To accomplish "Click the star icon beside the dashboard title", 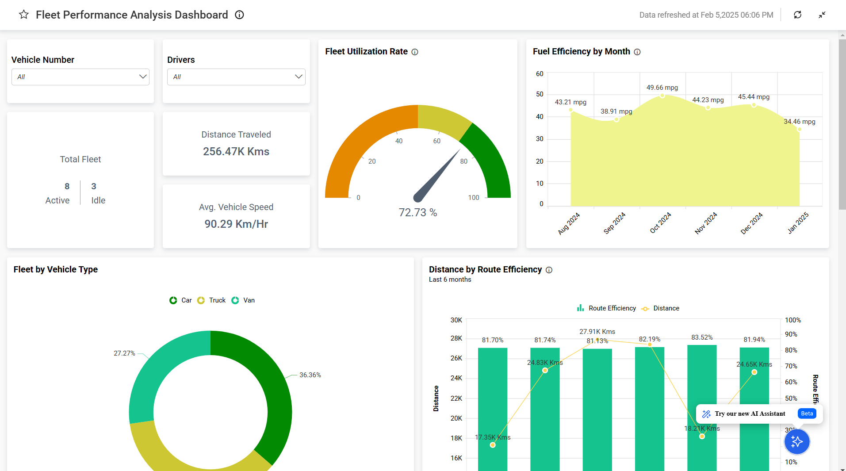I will (24, 15).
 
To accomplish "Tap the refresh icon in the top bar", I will (797, 15).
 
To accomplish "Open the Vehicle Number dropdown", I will (80, 77).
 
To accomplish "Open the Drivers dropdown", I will (236, 77).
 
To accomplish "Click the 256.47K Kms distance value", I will (236, 152).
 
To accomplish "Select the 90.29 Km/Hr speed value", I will (236, 224).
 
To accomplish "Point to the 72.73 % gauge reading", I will (417, 213).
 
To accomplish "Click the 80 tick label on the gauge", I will (463, 161).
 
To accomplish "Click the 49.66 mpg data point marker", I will (662, 96).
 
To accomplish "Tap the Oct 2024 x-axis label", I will (660, 222).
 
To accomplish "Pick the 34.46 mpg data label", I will (799, 122).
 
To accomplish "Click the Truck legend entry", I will (212, 300).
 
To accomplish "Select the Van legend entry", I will (244, 300).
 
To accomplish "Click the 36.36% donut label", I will (310, 375).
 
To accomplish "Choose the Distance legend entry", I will (661, 308).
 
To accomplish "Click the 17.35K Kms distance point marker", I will (493, 445).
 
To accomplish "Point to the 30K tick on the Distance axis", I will (456, 320).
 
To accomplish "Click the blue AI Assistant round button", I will (796, 441).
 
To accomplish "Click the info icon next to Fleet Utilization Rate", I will (415, 52).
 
